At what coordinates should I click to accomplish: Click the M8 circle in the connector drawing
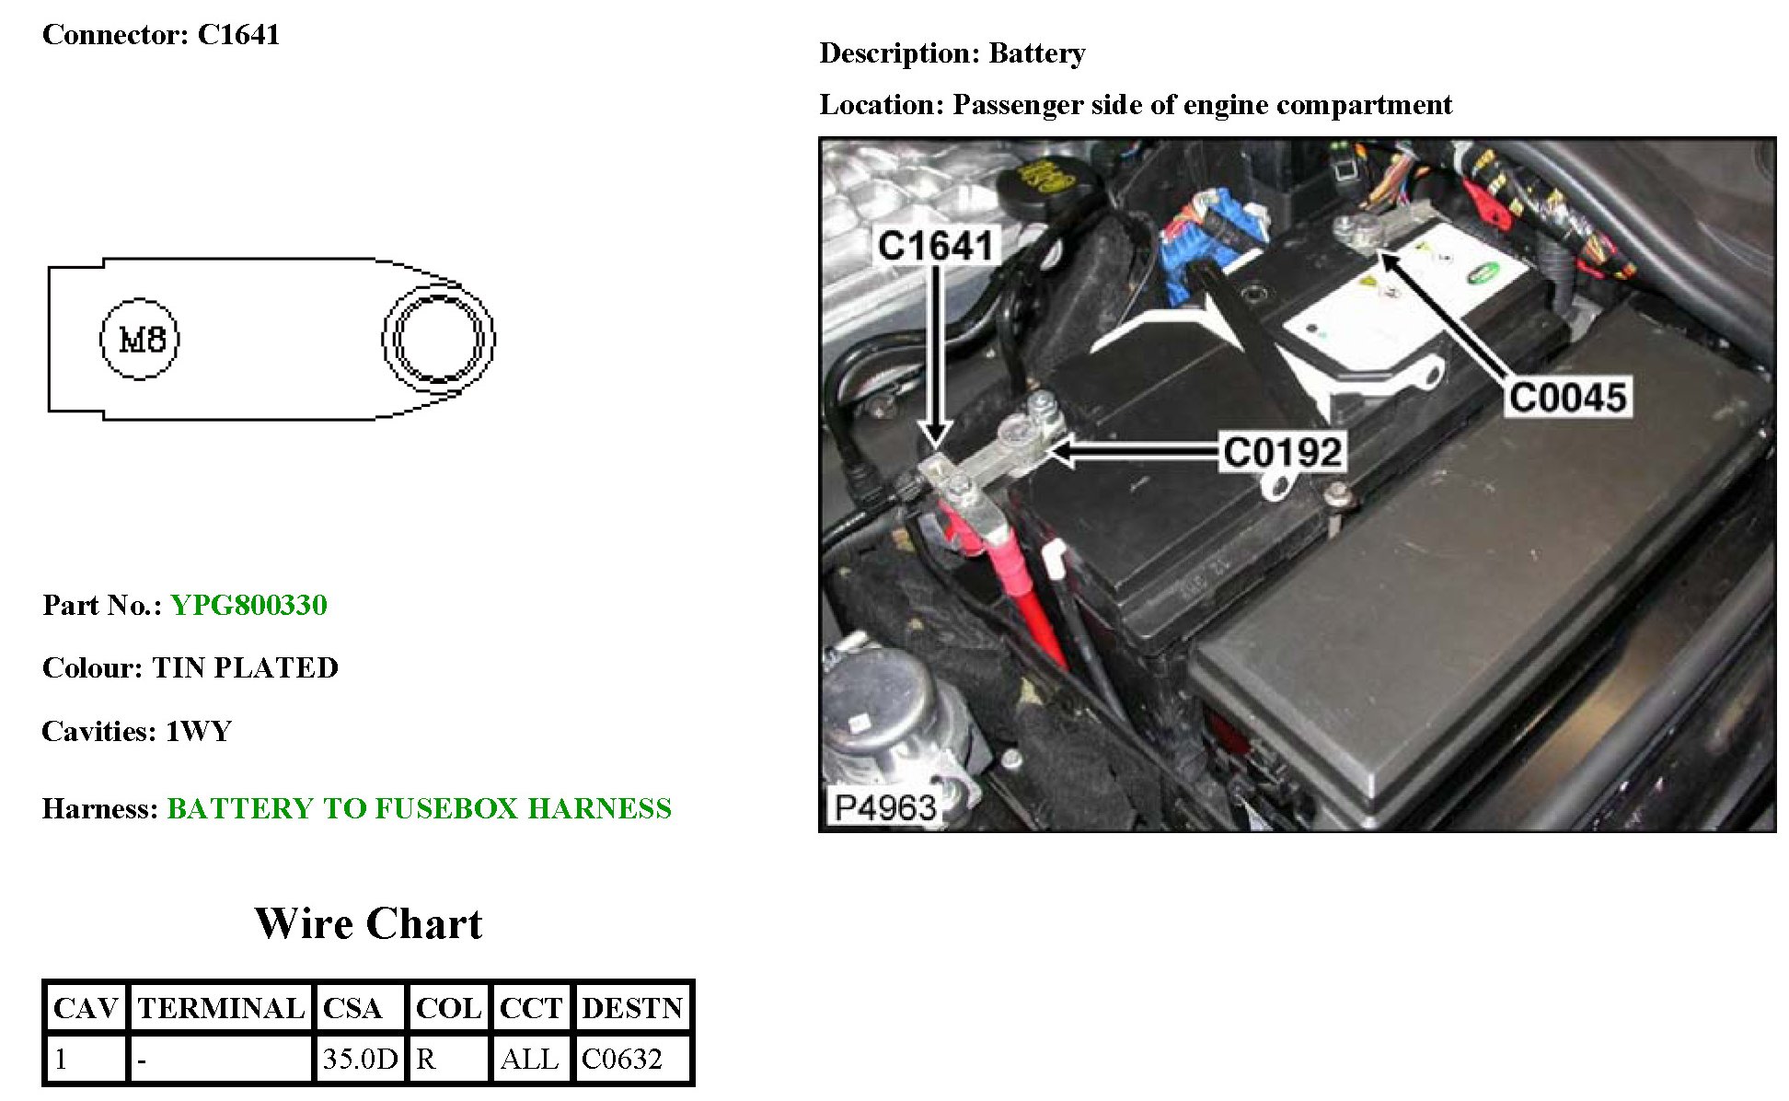click(x=140, y=339)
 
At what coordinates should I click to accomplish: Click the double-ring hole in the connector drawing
click(x=438, y=339)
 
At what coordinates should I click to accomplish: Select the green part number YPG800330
click(x=248, y=605)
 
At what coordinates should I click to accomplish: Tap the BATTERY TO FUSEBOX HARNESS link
click(x=419, y=808)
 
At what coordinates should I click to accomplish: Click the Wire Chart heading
click(x=368, y=923)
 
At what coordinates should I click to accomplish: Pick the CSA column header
click(x=352, y=1008)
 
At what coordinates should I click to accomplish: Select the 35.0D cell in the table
click(x=360, y=1059)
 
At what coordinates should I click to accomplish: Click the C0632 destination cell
click(x=622, y=1059)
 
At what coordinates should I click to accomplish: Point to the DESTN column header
click(x=632, y=1008)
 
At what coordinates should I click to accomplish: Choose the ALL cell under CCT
click(x=529, y=1059)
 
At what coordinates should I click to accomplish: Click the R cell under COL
click(x=426, y=1059)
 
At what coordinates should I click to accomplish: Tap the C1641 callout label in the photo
click(x=935, y=246)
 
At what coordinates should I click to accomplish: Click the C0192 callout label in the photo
click(x=1282, y=452)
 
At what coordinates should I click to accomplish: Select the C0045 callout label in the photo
click(x=1568, y=398)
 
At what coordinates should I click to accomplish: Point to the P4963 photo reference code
click(x=884, y=807)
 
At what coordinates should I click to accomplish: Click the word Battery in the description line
click(x=1037, y=53)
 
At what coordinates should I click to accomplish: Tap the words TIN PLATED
click(x=246, y=667)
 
